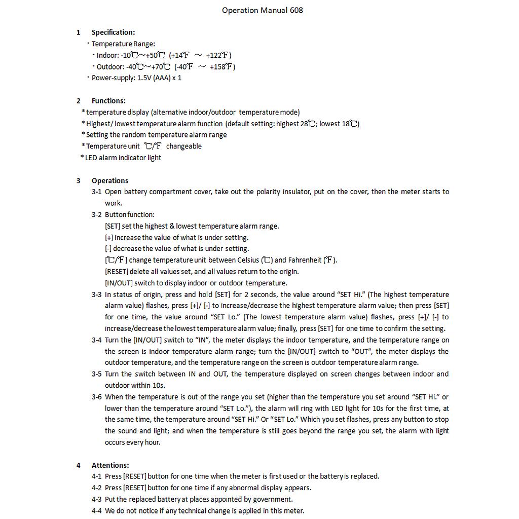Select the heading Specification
113,32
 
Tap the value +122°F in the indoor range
218,55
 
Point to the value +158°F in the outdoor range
222,66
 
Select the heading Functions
108,101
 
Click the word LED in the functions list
91,158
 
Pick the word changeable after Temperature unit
184,146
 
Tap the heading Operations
110,180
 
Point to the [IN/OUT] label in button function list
119,283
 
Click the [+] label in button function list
109,238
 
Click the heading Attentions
110,465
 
